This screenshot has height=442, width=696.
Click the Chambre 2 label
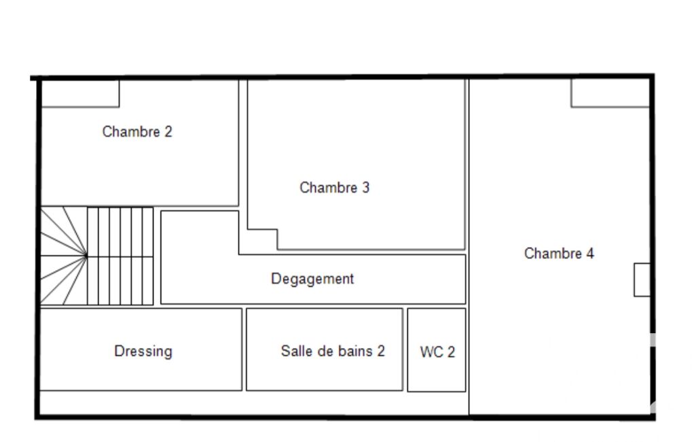[137, 132]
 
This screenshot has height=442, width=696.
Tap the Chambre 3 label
[334, 188]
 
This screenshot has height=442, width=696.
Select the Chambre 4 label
[559, 254]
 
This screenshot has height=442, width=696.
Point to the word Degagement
[312, 279]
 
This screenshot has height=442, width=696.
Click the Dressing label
[143, 352]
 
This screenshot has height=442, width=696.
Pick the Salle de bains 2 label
[333, 352]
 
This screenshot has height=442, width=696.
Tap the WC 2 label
[437, 352]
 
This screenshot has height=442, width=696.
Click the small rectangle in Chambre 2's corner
[80, 93]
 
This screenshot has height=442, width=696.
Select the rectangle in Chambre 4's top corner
[610, 93]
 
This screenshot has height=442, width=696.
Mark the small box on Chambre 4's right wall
[642, 279]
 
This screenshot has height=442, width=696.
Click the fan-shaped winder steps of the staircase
[64, 256]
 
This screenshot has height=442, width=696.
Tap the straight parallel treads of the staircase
[120, 256]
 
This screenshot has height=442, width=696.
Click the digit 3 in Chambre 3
[365, 188]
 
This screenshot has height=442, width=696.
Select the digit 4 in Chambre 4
[590, 254]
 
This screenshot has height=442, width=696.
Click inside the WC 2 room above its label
[437, 327]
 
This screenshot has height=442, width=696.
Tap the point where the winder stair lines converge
[86, 256]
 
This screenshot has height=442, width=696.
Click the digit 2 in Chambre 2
[168, 132]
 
